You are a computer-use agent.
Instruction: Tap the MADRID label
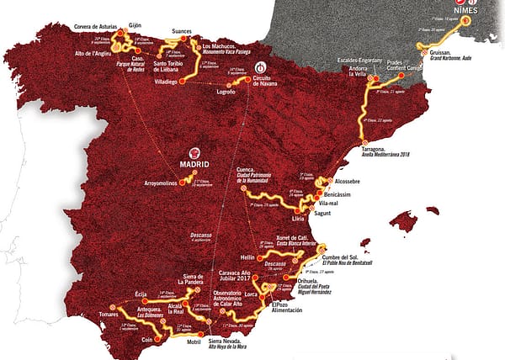[195, 163]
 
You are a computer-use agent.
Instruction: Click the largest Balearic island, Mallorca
[407, 222]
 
